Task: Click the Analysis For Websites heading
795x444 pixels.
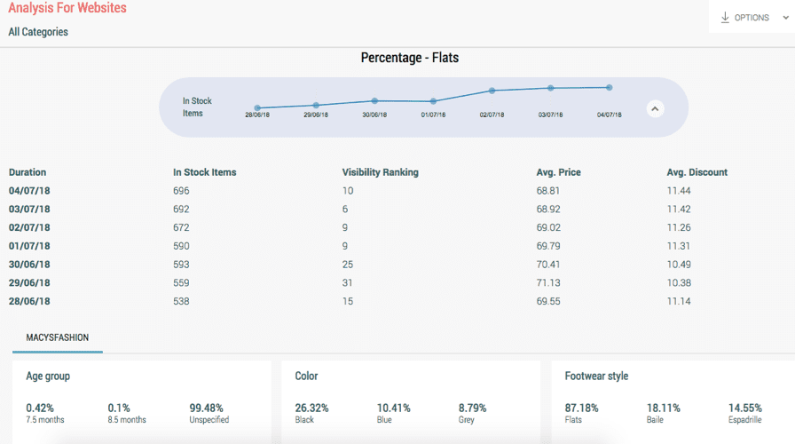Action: pos(67,8)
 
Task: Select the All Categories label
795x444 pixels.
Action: pos(38,32)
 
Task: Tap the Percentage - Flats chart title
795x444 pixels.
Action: pos(409,58)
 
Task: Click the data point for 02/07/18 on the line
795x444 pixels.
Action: pos(492,91)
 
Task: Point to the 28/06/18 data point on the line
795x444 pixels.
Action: pos(257,107)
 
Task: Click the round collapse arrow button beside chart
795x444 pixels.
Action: pos(655,108)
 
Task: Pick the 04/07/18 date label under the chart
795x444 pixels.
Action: pos(609,115)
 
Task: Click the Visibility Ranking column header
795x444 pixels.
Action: pos(380,172)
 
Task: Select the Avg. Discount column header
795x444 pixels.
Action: pos(697,172)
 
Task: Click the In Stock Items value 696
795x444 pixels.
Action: pos(181,191)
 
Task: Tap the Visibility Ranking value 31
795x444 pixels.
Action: pos(347,283)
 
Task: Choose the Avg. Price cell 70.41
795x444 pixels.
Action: pos(548,265)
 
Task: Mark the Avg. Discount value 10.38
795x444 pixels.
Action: pos(679,283)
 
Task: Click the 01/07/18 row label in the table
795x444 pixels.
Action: pos(29,246)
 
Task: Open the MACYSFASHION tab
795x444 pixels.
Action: pos(58,338)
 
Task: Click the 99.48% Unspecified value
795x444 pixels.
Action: pos(207,408)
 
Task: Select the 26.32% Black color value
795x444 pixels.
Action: pos(311,408)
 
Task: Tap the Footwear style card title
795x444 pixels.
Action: pos(596,377)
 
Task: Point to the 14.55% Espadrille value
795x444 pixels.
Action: pos(745,408)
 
